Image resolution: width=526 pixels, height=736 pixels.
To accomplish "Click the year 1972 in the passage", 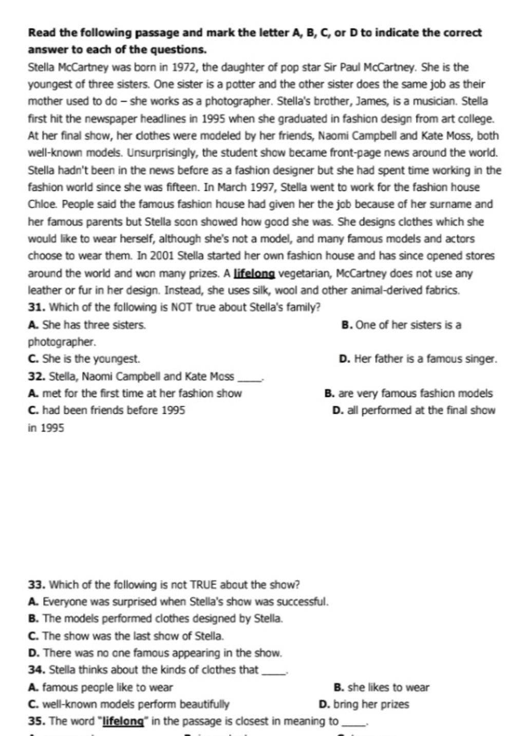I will pos(184,67).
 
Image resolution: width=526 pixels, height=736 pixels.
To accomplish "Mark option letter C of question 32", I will pos(33,411).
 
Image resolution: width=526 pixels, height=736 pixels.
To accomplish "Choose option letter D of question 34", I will pos(324,705).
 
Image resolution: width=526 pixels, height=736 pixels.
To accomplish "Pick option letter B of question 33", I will pos(33,619).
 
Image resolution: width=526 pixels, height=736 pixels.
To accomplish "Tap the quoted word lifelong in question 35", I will pos(123,722).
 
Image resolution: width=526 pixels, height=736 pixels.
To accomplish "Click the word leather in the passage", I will pos(45,290).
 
